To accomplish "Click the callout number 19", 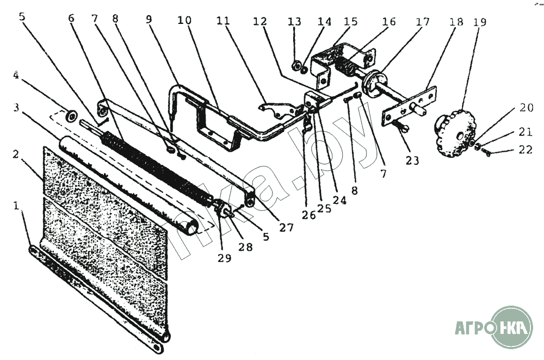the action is coord(480,23).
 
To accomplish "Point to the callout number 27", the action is coord(286,227).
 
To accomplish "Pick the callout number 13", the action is coord(294,22).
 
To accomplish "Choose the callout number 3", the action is coord(17,107).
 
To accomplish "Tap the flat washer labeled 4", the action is coord(70,116).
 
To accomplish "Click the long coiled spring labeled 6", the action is coord(158,165).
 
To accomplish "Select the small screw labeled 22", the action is coord(486,153).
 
